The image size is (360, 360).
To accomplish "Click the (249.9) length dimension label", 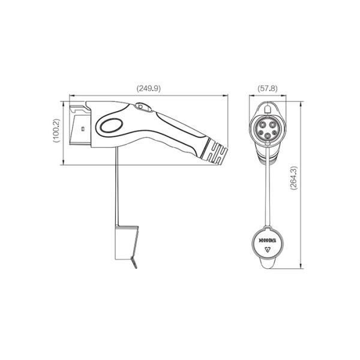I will (149, 88).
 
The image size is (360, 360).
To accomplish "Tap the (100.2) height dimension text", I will (56, 130).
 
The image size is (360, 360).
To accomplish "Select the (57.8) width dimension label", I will (268, 88).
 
